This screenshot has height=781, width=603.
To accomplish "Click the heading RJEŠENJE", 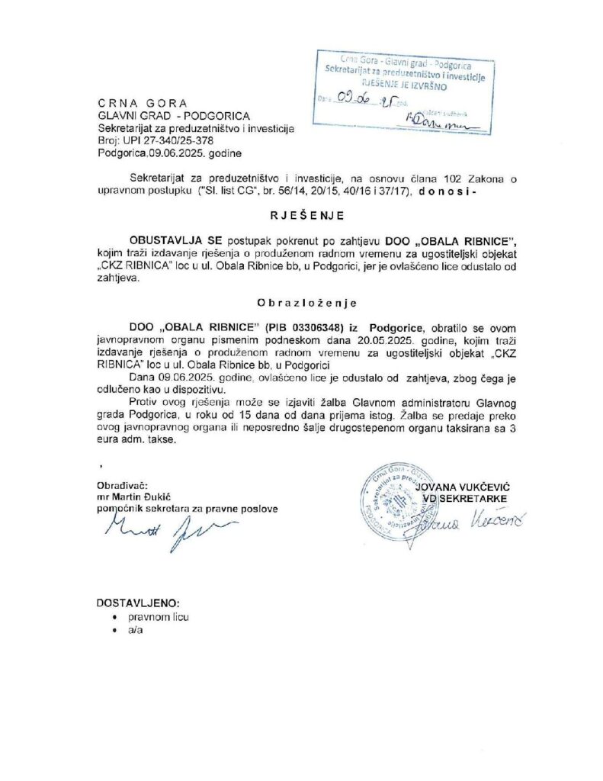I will [x=302, y=214].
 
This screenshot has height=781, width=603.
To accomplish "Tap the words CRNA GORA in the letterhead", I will [x=142, y=103].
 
